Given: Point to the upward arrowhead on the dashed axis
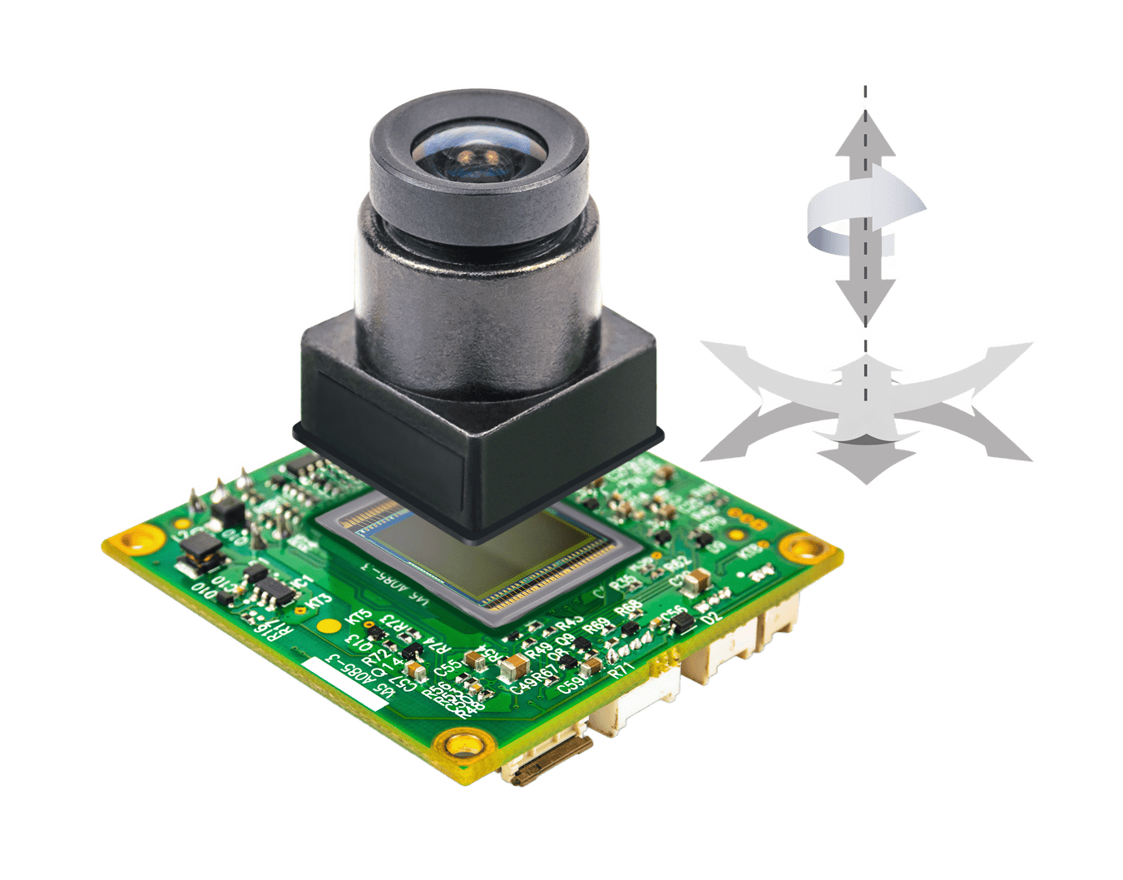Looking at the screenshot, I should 866,137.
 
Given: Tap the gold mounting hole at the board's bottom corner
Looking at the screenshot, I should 462,743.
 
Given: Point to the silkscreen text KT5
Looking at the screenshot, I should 359,619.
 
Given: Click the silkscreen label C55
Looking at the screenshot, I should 449,666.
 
